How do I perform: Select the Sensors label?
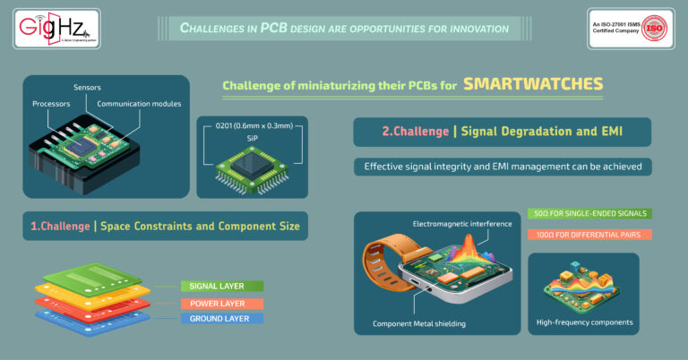(86, 87)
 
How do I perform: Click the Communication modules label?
(139, 104)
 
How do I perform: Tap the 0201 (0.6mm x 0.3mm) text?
(254, 127)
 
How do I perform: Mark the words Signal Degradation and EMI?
(546, 132)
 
